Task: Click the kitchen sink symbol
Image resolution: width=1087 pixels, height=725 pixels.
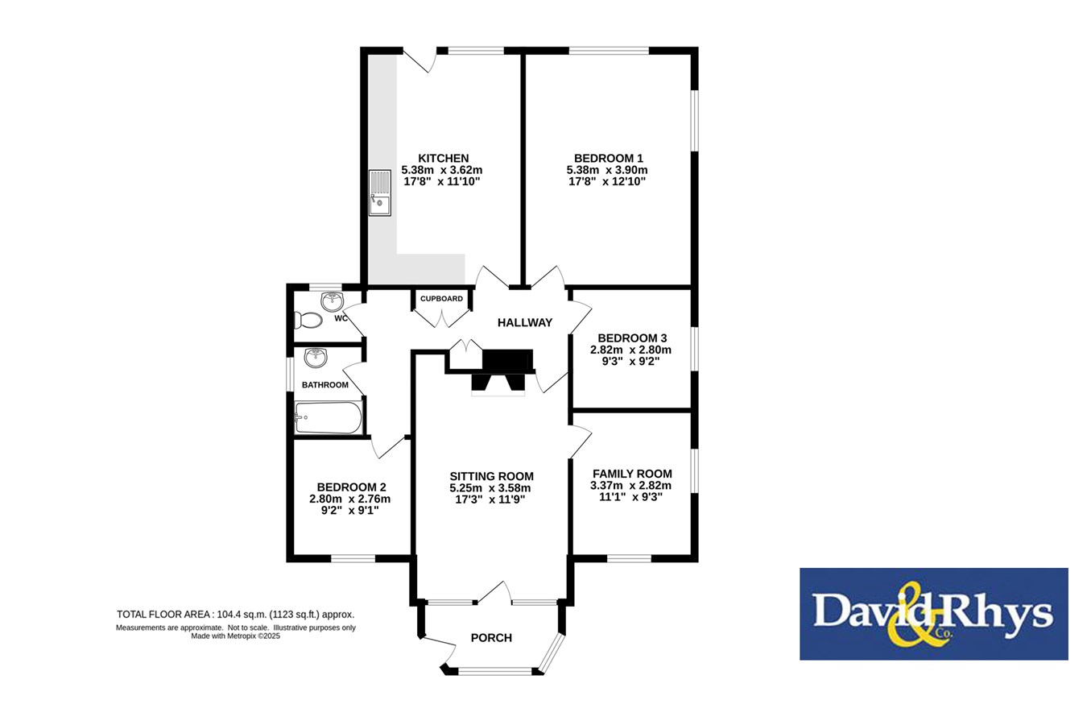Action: pyautogui.click(x=379, y=193)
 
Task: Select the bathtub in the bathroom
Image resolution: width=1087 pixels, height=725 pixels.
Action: pyautogui.click(x=329, y=417)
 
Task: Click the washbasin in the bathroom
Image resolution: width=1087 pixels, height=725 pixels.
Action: pyautogui.click(x=316, y=358)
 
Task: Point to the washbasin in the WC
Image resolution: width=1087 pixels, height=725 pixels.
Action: pyautogui.click(x=332, y=301)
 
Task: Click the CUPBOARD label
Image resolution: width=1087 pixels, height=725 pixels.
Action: pyautogui.click(x=441, y=299)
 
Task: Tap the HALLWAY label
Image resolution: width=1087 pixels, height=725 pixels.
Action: pyautogui.click(x=525, y=322)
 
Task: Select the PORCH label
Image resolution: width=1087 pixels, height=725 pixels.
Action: pyautogui.click(x=492, y=637)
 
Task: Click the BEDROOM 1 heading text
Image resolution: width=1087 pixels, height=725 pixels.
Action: pyautogui.click(x=609, y=159)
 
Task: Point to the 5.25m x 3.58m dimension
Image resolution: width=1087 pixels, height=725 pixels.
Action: pyautogui.click(x=490, y=488)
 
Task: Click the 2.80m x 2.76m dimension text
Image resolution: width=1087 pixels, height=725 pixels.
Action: pyautogui.click(x=350, y=499)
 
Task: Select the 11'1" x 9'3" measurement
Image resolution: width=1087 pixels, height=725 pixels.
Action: pyautogui.click(x=631, y=497)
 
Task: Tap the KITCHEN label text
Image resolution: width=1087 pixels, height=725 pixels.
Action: pyautogui.click(x=444, y=159)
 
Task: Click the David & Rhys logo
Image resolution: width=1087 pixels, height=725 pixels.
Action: pyautogui.click(x=934, y=614)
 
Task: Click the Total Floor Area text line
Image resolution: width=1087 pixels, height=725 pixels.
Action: pyautogui.click(x=236, y=615)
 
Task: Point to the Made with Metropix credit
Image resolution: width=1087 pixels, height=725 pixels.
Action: pyautogui.click(x=236, y=636)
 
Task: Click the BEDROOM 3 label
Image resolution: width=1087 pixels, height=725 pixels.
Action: pyautogui.click(x=632, y=338)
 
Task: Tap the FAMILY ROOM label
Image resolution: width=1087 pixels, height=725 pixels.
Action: pyautogui.click(x=632, y=474)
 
